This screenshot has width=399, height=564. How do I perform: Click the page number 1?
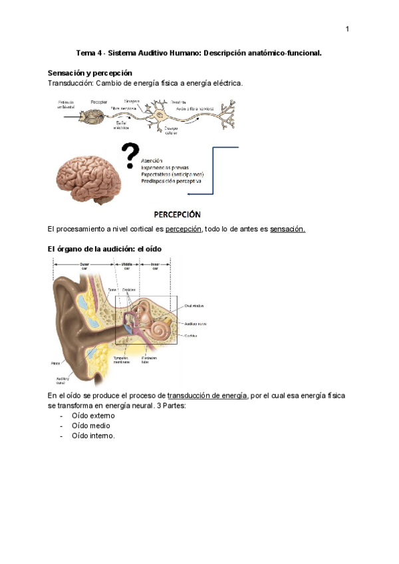pos(347,29)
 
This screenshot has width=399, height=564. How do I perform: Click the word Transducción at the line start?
pos(70,83)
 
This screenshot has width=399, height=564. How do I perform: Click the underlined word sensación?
pos(288,229)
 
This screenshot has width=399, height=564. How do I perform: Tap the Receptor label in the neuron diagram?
pos(100,102)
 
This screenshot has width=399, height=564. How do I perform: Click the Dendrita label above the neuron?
pos(178,102)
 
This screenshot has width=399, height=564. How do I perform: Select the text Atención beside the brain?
pos(154,160)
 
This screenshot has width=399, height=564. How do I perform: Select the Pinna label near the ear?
pos(55,363)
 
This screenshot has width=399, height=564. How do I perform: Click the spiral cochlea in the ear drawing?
pos(162,329)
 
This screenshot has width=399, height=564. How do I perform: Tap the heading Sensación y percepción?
pos(90,72)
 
